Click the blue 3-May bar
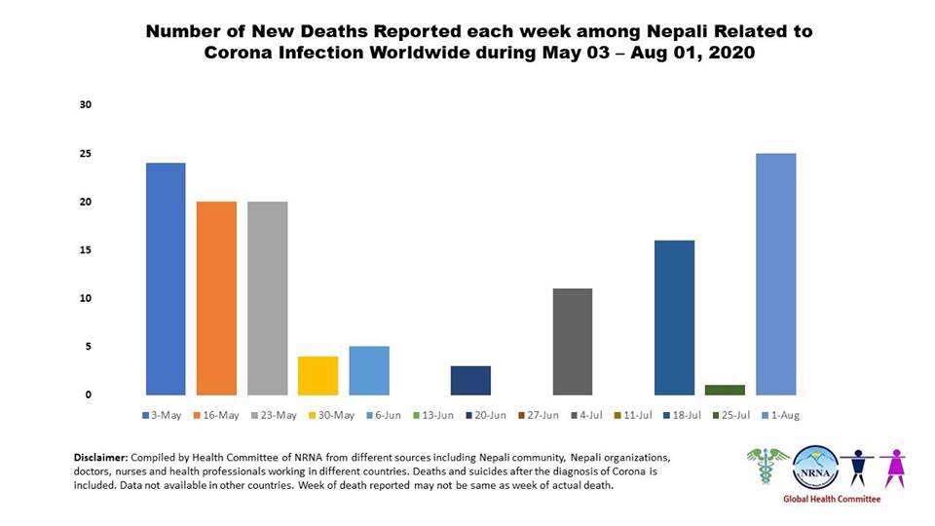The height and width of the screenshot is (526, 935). [166, 279]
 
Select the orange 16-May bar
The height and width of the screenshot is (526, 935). [216, 298]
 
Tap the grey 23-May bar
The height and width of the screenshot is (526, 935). [267, 298]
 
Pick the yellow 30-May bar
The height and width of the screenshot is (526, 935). [318, 375]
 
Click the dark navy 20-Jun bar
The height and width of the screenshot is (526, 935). [470, 380]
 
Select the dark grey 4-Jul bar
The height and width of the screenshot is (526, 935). [573, 341]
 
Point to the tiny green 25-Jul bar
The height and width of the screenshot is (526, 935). [725, 390]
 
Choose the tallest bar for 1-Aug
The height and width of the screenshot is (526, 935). [775, 274]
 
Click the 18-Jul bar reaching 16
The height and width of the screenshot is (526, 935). [674, 317]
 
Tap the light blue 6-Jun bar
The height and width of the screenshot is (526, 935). [369, 370]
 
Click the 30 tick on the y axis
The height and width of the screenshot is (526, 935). [86, 105]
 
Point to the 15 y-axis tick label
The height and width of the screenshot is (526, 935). [86, 250]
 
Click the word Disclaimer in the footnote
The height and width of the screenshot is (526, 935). [101, 457]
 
